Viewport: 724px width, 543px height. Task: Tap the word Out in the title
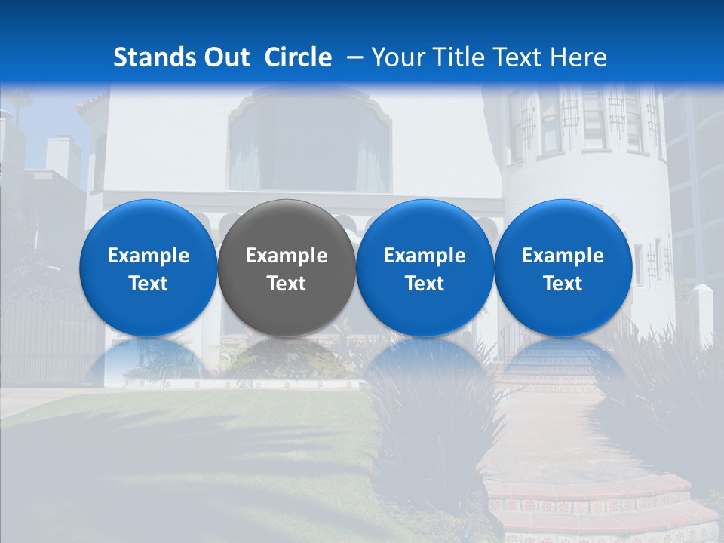click(225, 57)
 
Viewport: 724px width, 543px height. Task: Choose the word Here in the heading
click(578, 57)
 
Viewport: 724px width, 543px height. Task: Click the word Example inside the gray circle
click(287, 256)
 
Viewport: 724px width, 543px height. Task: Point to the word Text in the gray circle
click(287, 284)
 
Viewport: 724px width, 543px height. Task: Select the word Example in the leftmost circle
click(148, 256)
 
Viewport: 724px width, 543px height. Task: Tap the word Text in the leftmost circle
click(148, 284)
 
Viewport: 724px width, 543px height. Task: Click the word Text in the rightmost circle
click(563, 284)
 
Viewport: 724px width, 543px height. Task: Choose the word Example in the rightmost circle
click(563, 256)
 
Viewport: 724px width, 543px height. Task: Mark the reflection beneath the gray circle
click(287, 358)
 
